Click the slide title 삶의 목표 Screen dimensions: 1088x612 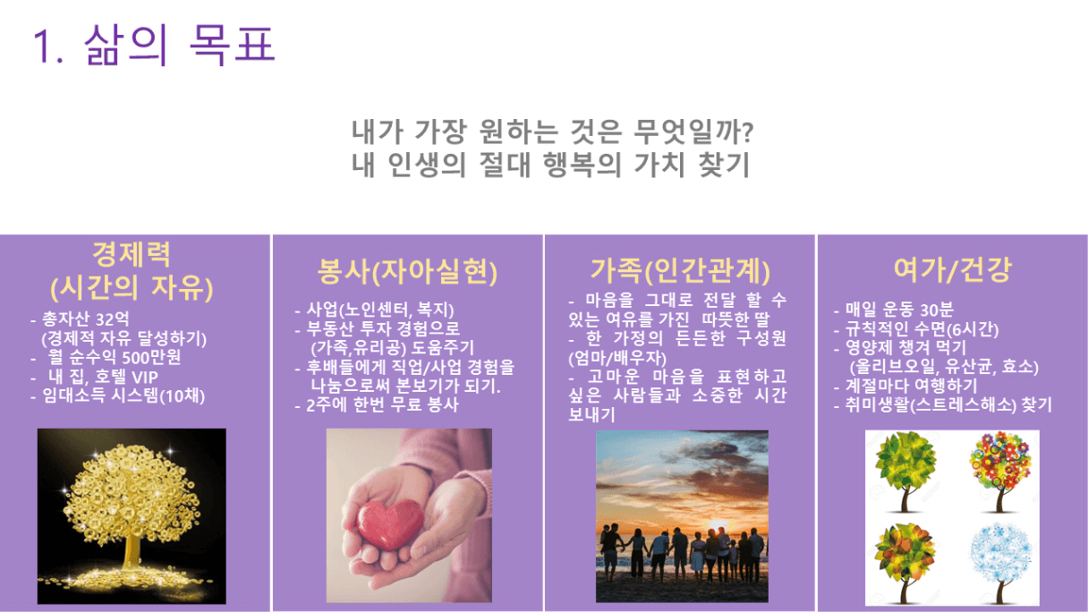[x=179, y=45]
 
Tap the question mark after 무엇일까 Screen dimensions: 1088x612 [x=748, y=132]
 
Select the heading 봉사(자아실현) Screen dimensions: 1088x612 [x=407, y=271]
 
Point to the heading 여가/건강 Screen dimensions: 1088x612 [x=953, y=269]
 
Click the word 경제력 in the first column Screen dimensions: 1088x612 [x=132, y=254]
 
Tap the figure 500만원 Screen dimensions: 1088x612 [x=151, y=358]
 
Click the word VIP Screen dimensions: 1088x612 [x=145, y=377]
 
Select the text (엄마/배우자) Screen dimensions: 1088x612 [x=617, y=359]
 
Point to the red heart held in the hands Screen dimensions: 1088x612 [x=389, y=524]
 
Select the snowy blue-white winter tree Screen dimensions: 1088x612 [x=1000, y=564]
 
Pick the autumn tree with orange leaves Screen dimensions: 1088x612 [x=905, y=564]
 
